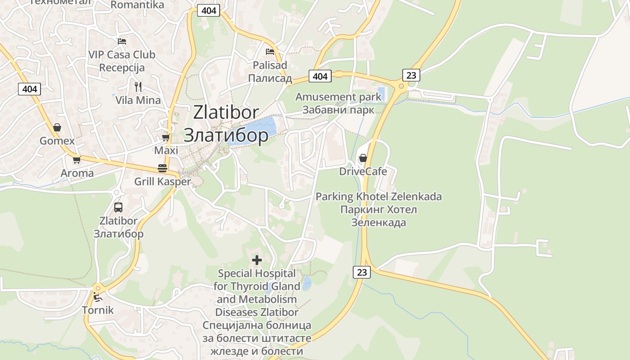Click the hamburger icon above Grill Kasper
pos(162,168)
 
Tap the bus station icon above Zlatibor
pos(118,207)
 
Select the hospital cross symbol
pos(257,260)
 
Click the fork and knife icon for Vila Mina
pos(138,86)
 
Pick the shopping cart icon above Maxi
pos(166,138)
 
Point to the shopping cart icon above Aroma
pos(77,160)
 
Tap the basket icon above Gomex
pos(57,127)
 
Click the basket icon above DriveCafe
pos(363,158)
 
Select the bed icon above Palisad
pos(270,52)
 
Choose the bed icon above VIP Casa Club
pos(121,41)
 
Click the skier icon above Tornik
pos(98,297)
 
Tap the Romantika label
pos(137,5)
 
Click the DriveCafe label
pos(363,171)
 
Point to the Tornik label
pos(98,310)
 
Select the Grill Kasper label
pos(162,182)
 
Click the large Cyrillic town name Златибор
pos(226,135)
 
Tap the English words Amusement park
pos(332,97)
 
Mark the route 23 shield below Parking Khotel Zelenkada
pos(362,272)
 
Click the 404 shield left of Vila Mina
pos(30,89)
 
